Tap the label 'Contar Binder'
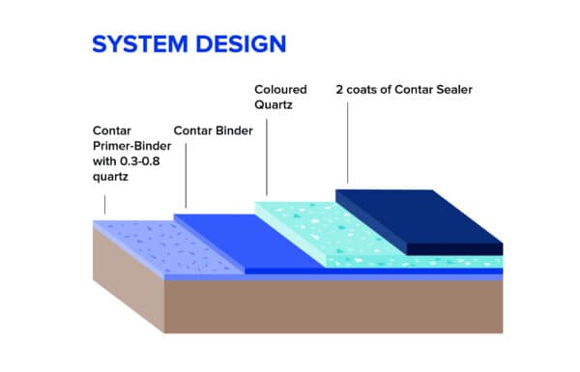(x=213, y=129)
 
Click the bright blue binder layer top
(x=242, y=237)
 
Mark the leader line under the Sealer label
(x=348, y=145)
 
